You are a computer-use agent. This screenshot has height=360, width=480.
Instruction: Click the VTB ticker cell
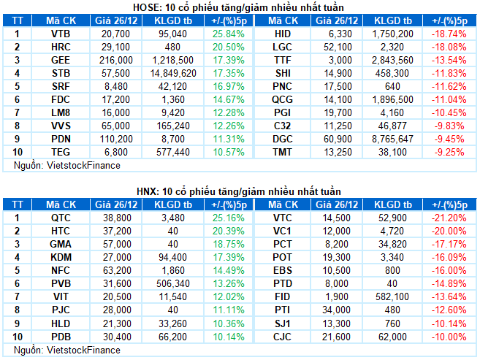pyautogui.click(x=61, y=34)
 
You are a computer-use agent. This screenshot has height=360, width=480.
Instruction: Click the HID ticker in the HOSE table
pyautogui.click(x=282, y=34)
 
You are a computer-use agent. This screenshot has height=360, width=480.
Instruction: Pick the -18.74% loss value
pyautogui.click(x=449, y=34)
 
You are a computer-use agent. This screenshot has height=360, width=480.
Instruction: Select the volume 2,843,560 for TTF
pyautogui.click(x=394, y=61)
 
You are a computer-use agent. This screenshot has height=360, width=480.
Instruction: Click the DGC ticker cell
pyautogui.click(x=282, y=139)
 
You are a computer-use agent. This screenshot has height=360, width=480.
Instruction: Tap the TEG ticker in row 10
pyautogui.click(x=61, y=153)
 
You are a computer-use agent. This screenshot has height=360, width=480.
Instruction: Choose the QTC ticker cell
pyautogui.click(x=61, y=218)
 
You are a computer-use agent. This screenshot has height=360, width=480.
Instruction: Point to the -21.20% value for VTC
pyautogui.click(x=449, y=218)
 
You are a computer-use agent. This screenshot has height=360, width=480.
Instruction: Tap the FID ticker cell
pyautogui.click(x=282, y=297)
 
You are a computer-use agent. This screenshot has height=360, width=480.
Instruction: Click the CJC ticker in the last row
pyautogui.click(x=282, y=337)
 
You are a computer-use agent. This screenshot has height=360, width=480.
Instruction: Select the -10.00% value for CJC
pyautogui.click(x=449, y=337)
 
